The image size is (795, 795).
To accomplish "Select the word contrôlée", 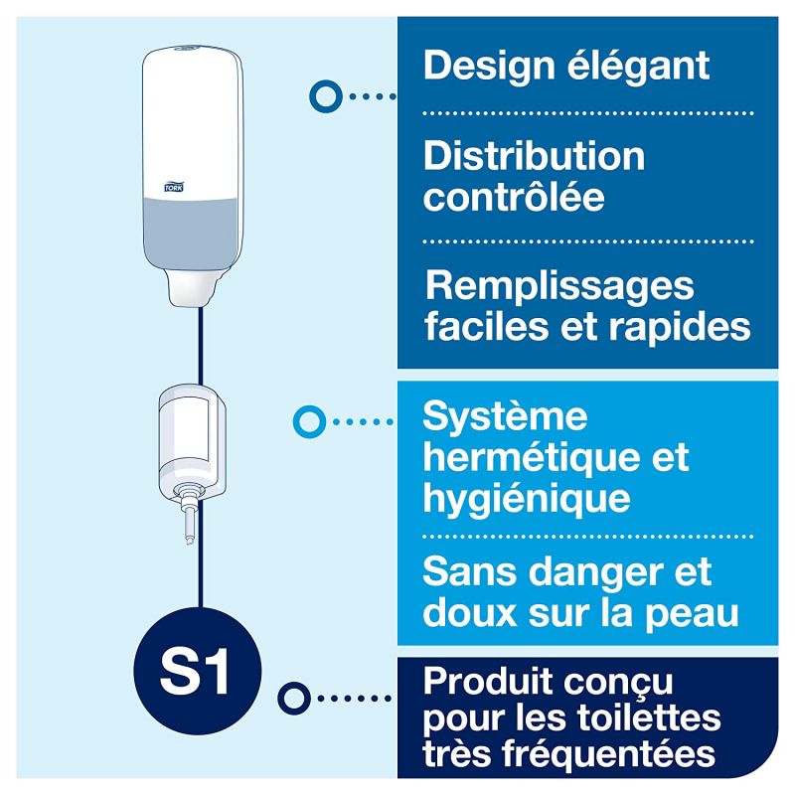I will pos(514,196).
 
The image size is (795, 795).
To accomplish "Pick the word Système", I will pos(505,417).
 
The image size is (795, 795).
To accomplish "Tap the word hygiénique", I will pos(527,497).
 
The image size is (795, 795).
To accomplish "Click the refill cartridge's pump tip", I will pos(187,523).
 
